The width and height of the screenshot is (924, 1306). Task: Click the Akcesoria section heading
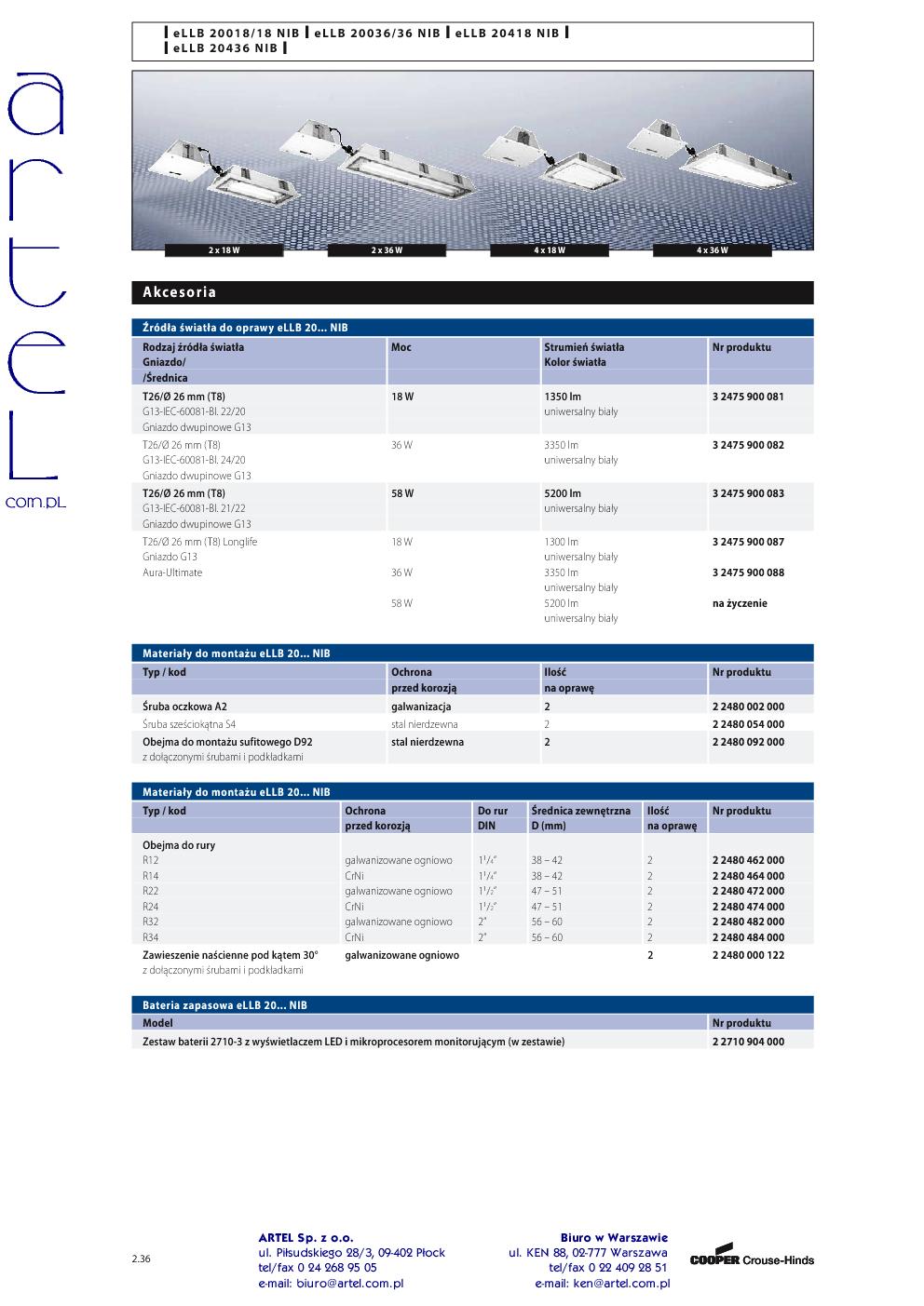point(180,292)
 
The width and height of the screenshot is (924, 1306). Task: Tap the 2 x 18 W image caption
point(224,250)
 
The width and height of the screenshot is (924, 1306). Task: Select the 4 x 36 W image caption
point(713,250)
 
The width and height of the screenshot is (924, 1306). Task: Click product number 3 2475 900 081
point(748,397)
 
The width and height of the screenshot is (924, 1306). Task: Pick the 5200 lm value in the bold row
point(563,493)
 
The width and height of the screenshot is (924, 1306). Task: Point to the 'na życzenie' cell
point(740,603)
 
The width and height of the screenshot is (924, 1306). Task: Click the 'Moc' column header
point(401,347)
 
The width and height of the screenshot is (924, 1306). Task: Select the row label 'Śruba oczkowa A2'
point(184,707)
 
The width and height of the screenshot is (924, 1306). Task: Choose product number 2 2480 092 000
point(748,742)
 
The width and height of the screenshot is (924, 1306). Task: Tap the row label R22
point(151,891)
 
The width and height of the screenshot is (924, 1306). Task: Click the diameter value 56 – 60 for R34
point(547,937)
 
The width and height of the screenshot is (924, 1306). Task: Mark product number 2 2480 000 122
point(748,955)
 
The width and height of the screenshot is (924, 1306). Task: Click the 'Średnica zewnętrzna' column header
point(580,811)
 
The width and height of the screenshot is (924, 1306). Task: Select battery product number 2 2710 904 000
point(748,1042)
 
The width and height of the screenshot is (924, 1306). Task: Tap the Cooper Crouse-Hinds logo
point(752,1259)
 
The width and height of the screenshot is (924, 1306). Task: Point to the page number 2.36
point(142,1259)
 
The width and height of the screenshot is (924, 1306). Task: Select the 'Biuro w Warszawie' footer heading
point(614,1237)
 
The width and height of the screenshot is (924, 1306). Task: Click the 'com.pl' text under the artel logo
point(36,502)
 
